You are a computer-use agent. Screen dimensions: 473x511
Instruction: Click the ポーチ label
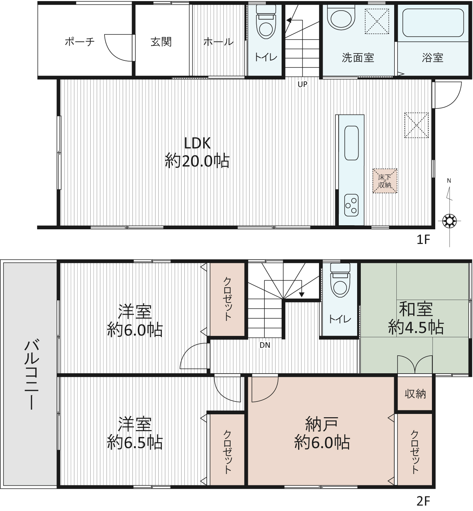(x=80, y=42)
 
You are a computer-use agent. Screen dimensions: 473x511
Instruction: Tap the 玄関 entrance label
(x=161, y=42)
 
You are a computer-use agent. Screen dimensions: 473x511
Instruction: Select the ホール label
(x=219, y=42)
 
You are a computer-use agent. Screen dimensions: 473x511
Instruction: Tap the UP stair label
(x=302, y=84)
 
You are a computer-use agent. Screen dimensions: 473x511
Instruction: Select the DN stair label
(x=265, y=345)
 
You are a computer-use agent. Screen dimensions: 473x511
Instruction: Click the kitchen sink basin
(x=351, y=143)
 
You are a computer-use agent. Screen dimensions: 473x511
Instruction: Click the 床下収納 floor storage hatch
(x=385, y=181)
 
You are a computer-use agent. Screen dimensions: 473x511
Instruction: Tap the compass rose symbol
(x=449, y=221)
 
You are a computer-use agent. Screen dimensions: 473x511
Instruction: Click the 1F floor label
(x=423, y=240)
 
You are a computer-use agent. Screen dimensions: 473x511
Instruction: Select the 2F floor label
(x=423, y=501)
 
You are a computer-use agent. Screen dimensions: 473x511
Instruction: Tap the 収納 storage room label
(x=415, y=394)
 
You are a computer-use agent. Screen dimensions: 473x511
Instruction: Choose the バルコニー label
(x=32, y=374)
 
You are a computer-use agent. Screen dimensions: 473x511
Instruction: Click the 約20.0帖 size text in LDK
(x=197, y=161)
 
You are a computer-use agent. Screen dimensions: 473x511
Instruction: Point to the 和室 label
(x=416, y=309)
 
